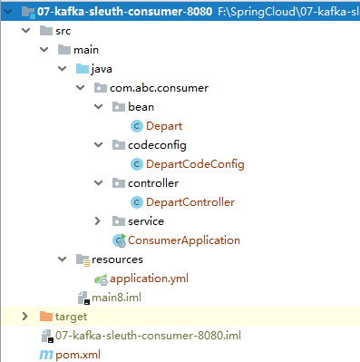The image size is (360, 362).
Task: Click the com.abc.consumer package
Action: (x=159, y=87)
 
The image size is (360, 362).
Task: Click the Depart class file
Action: (x=168, y=125)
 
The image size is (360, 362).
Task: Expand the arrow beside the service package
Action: (x=98, y=220)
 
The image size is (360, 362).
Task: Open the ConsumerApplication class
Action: (x=184, y=240)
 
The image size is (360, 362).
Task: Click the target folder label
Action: (x=71, y=316)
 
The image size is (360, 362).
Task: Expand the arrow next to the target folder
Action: (x=25, y=316)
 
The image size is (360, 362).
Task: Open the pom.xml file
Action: (x=75, y=354)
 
